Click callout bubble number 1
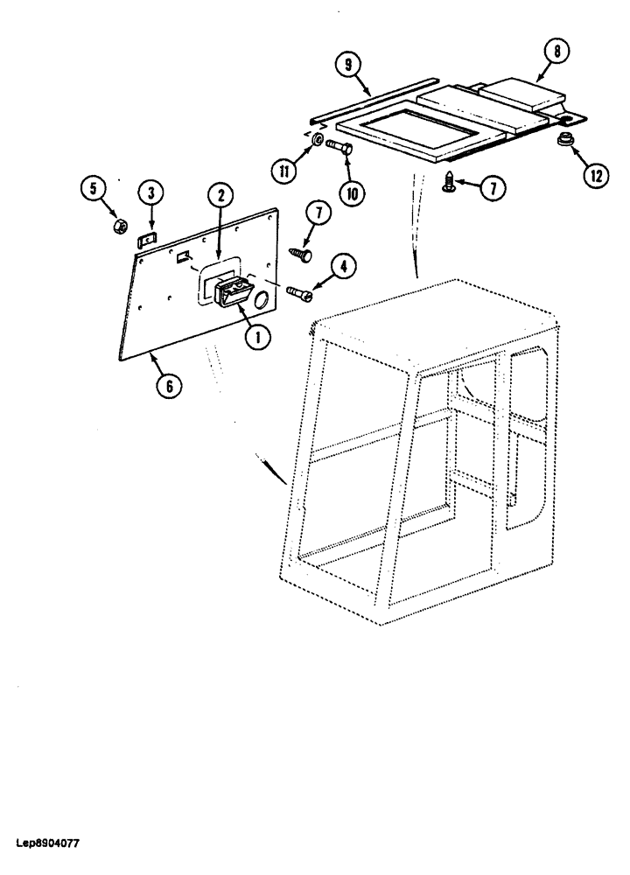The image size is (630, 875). point(258,336)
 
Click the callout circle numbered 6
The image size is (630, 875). point(169,383)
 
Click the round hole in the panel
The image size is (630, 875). point(262,302)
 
